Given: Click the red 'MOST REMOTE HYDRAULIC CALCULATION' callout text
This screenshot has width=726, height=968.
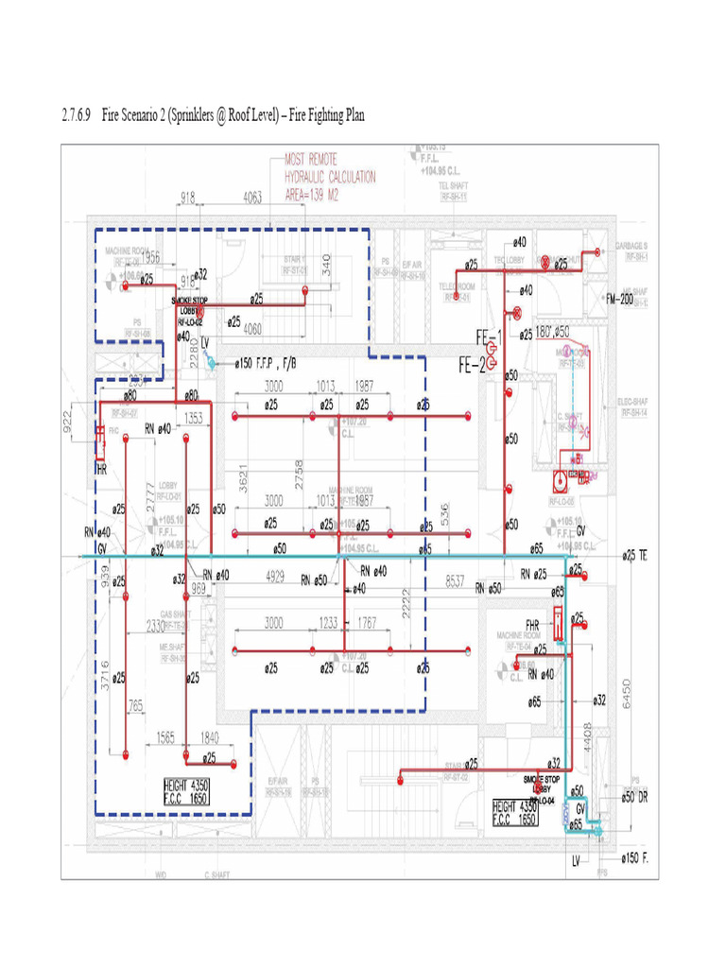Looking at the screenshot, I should pyautogui.click(x=330, y=177).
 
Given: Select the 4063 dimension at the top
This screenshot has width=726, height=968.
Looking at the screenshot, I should pyautogui.click(x=252, y=199).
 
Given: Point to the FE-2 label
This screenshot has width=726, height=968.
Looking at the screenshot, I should pyautogui.click(x=473, y=363).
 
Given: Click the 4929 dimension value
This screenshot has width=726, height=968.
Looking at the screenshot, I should pyautogui.click(x=275, y=575).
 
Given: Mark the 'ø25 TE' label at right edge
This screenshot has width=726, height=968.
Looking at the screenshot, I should pyautogui.click(x=633, y=555).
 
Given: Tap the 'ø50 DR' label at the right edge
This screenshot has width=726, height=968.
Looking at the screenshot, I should pyautogui.click(x=633, y=796).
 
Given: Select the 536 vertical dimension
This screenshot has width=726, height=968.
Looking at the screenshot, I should pyautogui.click(x=445, y=513).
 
